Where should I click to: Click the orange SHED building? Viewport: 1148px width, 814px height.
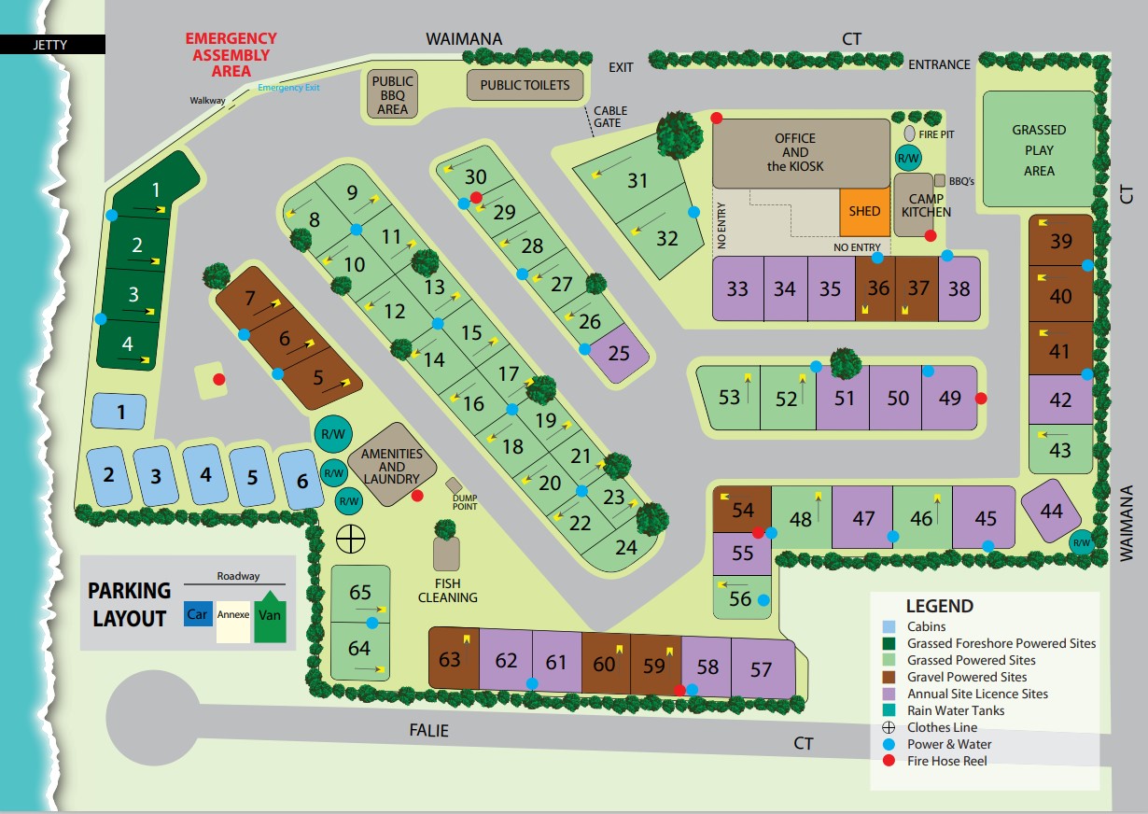(x=864, y=212)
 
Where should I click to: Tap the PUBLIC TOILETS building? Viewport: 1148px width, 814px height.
(x=525, y=85)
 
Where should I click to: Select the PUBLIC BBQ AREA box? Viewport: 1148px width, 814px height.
(x=393, y=94)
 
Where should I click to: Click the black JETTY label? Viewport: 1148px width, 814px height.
(x=51, y=44)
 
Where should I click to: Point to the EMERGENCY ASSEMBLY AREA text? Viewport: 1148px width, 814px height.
(x=231, y=54)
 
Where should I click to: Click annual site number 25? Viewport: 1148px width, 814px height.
(x=619, y=353)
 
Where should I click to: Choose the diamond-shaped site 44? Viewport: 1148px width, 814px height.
(x=1051, y=510)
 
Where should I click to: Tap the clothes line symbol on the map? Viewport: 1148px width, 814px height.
(x=350, y=539)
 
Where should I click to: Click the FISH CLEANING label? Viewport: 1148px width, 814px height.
(x=448, y=591)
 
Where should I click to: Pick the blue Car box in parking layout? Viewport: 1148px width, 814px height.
(x=197, y=615)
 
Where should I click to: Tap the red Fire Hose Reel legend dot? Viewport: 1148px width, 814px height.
(x=889, y=761)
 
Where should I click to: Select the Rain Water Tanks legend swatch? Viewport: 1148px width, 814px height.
(x=889, y=710)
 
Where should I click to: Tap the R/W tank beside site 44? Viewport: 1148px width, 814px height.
(x=1081, y=542)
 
